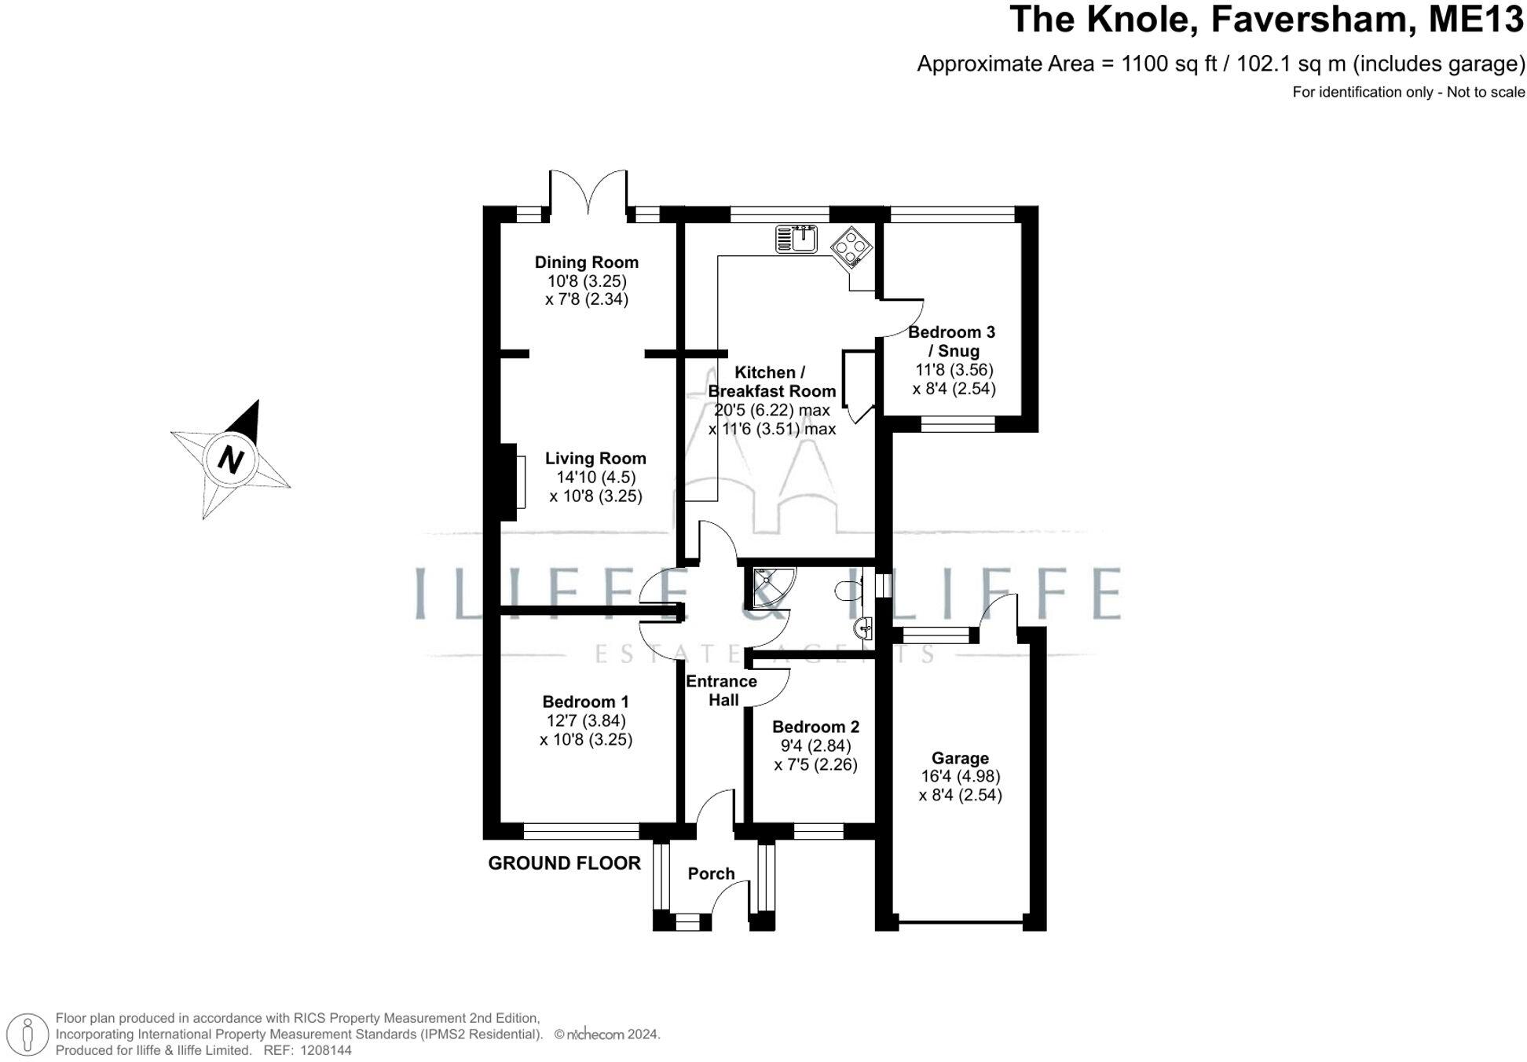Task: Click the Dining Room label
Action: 586,262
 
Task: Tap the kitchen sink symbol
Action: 796,238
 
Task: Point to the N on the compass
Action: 230,460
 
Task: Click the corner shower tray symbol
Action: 771,588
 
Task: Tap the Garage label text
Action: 960,758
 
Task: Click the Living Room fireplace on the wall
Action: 511,482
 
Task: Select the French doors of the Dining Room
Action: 588,192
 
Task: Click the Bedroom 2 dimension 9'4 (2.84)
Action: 815,745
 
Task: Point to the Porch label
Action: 711,873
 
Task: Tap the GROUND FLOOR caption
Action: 564,863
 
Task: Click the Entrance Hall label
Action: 722,690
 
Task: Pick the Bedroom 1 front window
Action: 581,831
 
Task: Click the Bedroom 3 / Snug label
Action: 952,342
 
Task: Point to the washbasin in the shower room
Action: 863,628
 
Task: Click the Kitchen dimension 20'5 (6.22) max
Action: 771,410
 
